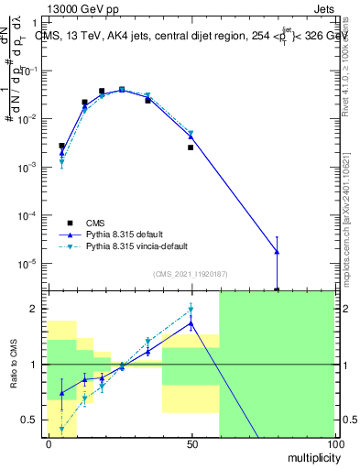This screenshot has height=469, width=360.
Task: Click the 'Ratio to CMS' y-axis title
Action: pyautogui.click(x=12, y=364)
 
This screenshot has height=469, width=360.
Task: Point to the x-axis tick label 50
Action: pyautogui.click(x=191, y=442)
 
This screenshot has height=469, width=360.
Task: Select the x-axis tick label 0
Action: pyautogui.click(x=48, y=442)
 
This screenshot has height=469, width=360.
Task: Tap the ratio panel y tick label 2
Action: pyautogui.click(x=37, y=309)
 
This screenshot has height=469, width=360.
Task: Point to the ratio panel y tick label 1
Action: pyautogui.click(x=37, y=365)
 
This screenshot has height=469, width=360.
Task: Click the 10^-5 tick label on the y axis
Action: pyautogui.click(x=30, y=263)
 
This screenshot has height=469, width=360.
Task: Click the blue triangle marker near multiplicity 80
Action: pyautogui.click(x=277, y=252)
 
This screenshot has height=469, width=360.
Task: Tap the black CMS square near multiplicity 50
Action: pyautogui.click(x=191, y=147)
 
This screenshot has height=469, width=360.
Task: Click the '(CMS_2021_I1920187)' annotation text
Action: pyautogui.click(x=190, y=272)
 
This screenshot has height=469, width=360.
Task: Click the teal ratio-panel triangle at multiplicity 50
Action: pyautogui.click(x=191, y=309)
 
